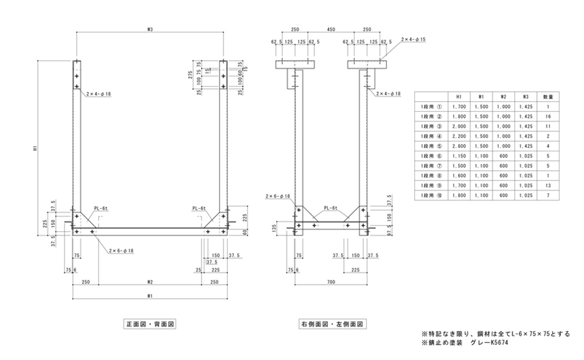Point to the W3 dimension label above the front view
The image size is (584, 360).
point(150,29)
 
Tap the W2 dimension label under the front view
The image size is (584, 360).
point(150,282)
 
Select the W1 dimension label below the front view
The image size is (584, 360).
point(150,296)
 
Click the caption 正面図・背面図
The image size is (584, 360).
point(150,325)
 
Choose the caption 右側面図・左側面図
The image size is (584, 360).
point(331,325)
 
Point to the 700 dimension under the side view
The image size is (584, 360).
point(331,282)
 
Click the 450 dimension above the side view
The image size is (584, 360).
point(331,29)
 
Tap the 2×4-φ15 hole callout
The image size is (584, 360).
point(414,39)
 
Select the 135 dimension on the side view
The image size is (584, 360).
point(275,228)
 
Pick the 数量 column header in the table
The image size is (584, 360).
point(547,96)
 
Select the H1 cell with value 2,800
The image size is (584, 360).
point(459,146)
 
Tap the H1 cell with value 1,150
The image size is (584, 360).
point(459,156)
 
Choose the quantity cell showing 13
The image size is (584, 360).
point(547,185)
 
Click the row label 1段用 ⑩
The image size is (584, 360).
point(429,195)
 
